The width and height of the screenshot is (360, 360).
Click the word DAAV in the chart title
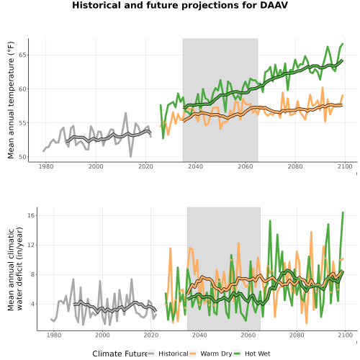(274, 5)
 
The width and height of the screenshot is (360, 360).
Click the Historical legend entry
(168, 354)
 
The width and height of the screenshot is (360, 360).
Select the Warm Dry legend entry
(211, 354)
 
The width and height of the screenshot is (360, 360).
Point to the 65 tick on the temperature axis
(22, 55)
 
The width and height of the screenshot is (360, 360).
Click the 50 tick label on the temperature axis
(22, 157)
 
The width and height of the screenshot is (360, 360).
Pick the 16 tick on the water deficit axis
(31, 215)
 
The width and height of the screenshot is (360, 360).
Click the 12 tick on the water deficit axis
(31, 245)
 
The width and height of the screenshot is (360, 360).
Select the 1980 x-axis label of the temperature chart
(46, 166)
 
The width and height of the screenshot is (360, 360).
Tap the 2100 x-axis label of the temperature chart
(345, 166)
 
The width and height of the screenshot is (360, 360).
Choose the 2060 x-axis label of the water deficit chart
(248, 335)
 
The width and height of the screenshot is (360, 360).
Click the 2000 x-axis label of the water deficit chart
(102, 335)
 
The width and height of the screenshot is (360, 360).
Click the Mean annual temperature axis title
(11, 100)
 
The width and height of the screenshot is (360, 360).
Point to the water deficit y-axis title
(15, 269)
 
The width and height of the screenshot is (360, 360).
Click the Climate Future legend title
(120, 354)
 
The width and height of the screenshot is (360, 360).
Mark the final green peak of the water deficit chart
(343, 212)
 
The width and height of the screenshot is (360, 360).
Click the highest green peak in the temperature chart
(343, 44)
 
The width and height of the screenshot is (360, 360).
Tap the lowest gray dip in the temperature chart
(131, 156)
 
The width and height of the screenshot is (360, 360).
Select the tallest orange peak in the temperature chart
(323, 88)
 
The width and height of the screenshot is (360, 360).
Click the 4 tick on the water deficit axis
(32, 304)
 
